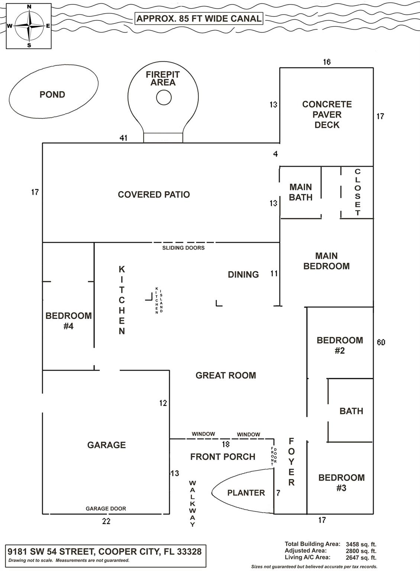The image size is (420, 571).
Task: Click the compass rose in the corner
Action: tap(29, 26)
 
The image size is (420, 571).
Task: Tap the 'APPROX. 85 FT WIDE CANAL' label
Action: tap(199, 19)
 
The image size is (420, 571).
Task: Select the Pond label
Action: tap(52, 95)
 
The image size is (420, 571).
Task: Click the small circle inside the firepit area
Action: tap(164, 98)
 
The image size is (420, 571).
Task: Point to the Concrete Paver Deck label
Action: tap(327, 114)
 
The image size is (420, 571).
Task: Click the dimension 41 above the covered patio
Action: tap(123, 138)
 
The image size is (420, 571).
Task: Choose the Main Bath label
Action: tap(300, 192)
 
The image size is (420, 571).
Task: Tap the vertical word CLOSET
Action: tap(358, 192)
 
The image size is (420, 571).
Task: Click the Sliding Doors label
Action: tap(183, 248)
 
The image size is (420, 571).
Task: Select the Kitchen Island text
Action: tap(159, 300)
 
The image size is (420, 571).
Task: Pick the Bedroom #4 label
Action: tap(68, 321)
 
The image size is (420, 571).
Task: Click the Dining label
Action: tap(243, 275)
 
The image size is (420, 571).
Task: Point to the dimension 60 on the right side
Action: tap(381, 342)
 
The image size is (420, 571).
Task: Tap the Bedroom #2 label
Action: tap(340, 345)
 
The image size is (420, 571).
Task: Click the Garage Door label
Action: tap(106, 509)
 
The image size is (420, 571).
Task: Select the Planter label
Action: tap(246, 493)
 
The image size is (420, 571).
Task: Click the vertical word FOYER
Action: tap(291, 462)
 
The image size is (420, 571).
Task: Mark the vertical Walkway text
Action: tap(193, 504)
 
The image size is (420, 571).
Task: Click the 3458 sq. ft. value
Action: tap(361, 544)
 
